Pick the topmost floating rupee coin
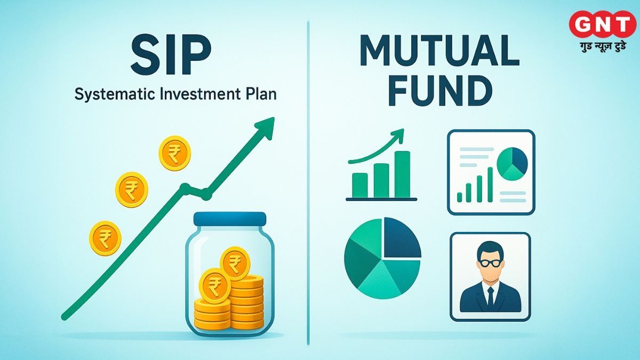pos(174,153)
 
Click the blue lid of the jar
pos(229,218)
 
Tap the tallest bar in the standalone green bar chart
pos(402,174)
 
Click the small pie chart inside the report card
pos(511,163)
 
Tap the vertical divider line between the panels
pos(308,181)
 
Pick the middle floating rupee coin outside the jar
pos(132,188)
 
